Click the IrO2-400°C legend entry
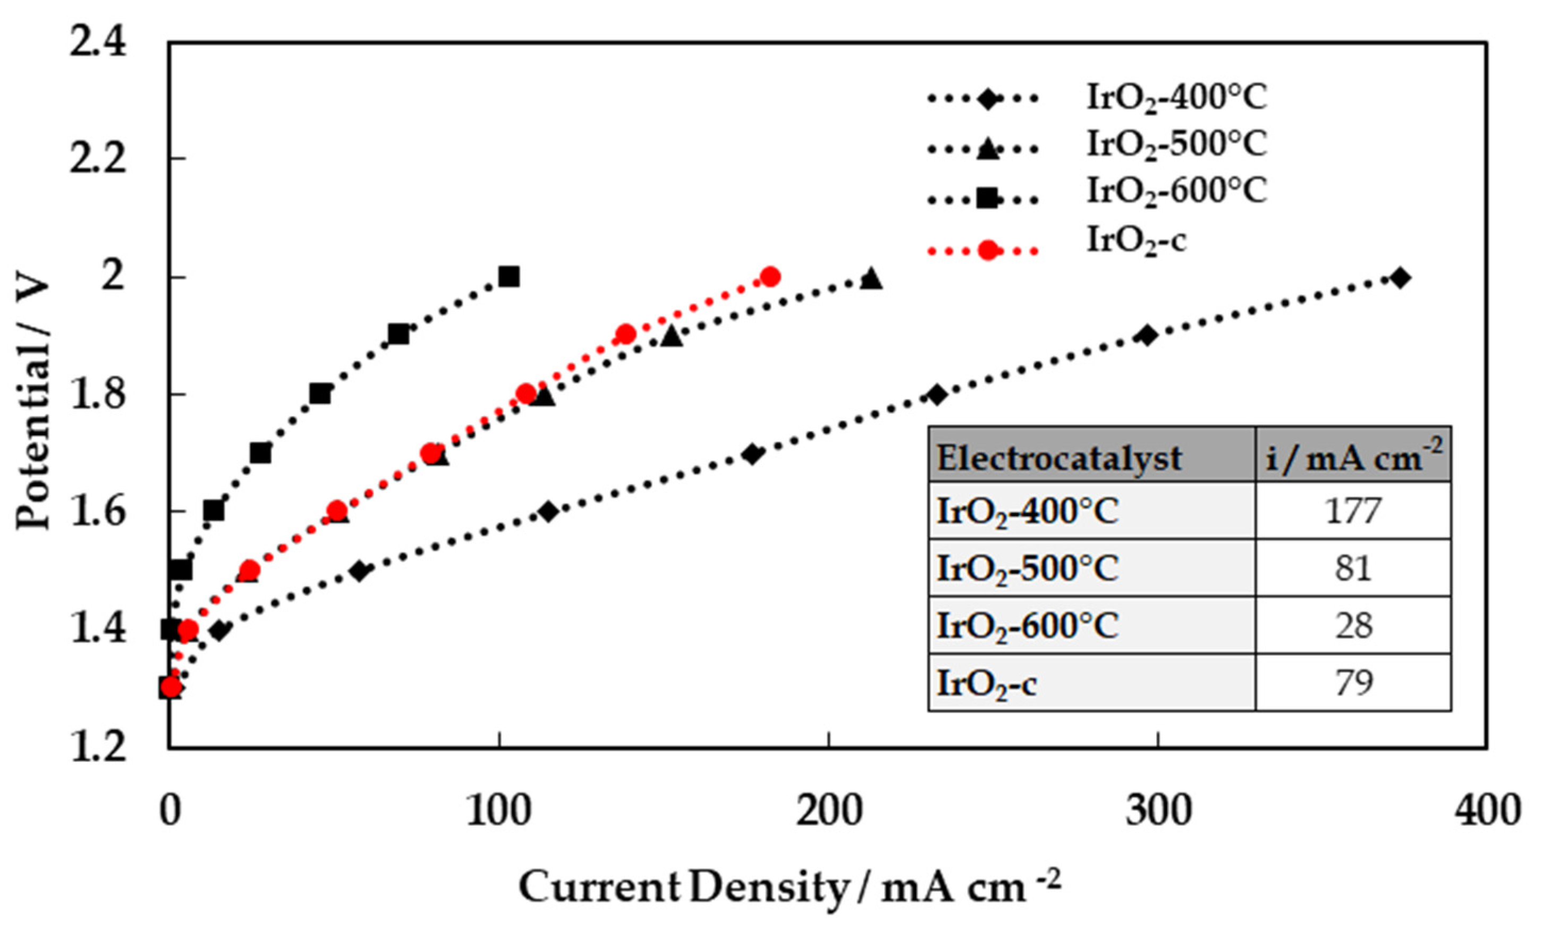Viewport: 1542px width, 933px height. coord(1176,98)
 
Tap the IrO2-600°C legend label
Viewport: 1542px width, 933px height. coord(1176,191)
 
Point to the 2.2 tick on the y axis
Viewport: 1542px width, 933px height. coord(98,159)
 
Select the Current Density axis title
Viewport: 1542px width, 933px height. coord(790,887)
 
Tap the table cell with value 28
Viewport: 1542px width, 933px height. coord(1353,625)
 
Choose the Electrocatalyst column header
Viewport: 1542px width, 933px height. coord(1059,459)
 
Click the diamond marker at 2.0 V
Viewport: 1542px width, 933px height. coord(1401,278)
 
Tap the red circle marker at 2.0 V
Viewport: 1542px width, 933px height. coord(770,277)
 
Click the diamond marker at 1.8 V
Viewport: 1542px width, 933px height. coord(936,395)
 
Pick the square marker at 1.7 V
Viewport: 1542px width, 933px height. coord(260,453)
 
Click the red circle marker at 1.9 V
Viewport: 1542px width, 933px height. coord(625,334)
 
